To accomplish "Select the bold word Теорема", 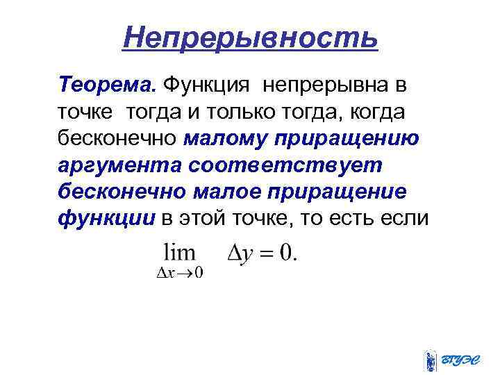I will [108, 86].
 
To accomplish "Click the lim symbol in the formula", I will [179, 251].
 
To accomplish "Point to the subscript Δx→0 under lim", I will [179, 272].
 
